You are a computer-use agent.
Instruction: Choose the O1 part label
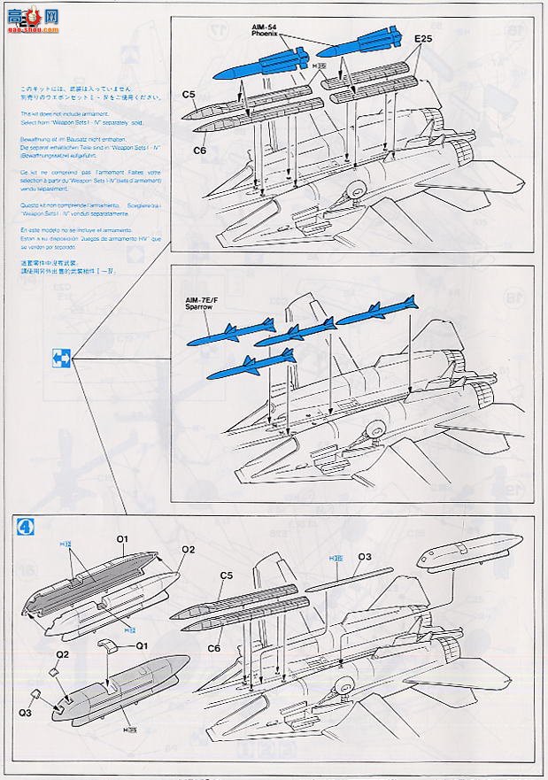coord(122,538)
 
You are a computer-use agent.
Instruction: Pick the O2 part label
coord(188,549)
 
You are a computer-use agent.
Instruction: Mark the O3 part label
coord(364,557)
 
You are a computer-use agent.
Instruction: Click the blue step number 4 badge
coord(27,525)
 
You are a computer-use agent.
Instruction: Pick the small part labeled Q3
coord(35,694)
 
